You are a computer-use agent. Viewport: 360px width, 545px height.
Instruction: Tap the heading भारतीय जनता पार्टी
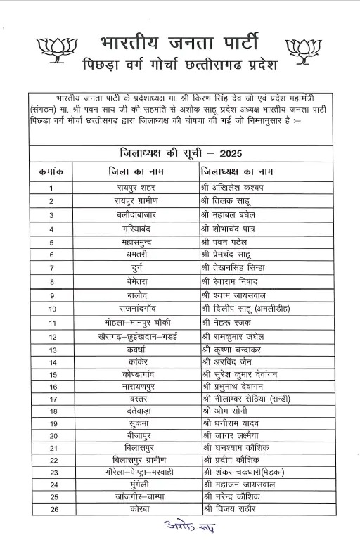point(179,38)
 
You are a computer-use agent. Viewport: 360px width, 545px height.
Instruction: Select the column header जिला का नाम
point(136,171)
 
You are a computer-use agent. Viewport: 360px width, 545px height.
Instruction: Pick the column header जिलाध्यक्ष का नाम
point(237,171)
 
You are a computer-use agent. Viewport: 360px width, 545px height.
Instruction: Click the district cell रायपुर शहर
point(136,187)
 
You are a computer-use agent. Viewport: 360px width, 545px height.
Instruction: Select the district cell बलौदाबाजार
point(136,214)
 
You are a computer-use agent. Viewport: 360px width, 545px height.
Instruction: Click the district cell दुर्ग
point(136,268)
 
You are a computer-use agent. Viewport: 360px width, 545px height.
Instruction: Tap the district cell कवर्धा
point(136,349)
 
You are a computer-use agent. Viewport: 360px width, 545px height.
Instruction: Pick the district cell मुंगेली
point(136,485)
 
